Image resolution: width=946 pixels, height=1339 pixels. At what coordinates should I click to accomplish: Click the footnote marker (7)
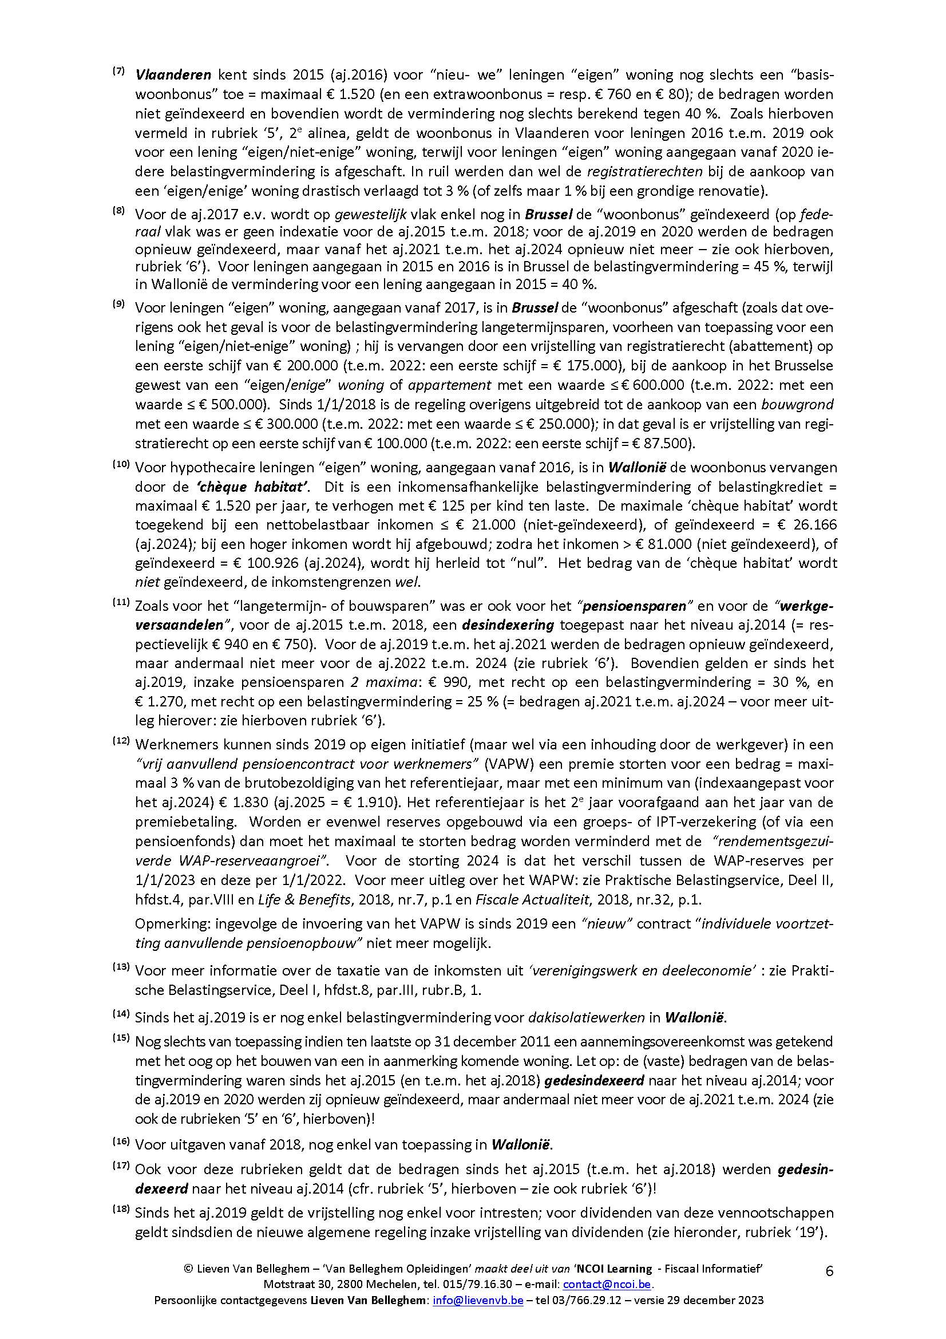click(x=118, y=71)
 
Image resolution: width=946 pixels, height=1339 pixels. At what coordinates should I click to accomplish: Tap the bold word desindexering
click(x=508, y=625)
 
